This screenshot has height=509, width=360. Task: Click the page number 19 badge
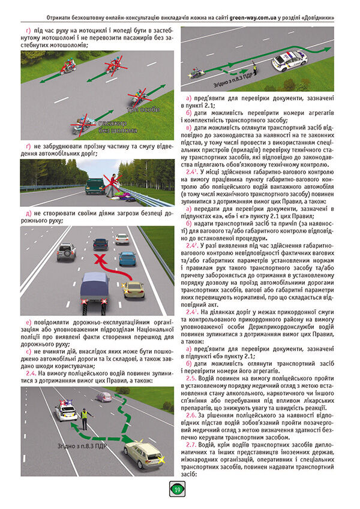click(x=178, y=490)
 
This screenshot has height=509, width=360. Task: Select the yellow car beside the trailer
click(x=133, y=289)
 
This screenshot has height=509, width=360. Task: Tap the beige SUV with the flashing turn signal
click(x=140, y=456)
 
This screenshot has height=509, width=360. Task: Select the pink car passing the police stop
click(x=104, y=397)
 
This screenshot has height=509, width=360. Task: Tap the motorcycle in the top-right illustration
click(x=197, y=74)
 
